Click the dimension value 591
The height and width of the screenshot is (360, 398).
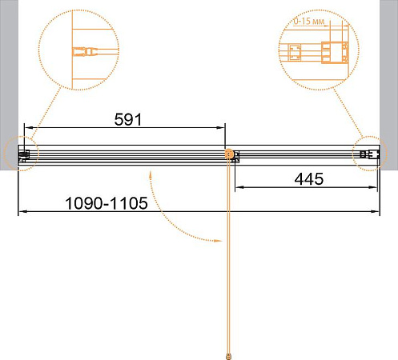coord(128,119)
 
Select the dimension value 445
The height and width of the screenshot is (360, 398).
coord(309,179)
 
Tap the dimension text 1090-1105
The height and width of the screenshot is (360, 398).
coord(107,203)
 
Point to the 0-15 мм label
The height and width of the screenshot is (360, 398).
coord(309,22)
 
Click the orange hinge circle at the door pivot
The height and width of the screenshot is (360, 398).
coord(229,154)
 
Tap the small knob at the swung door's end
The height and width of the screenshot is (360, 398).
coord(228,356)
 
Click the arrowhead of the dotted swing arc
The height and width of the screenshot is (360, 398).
coord(219,241)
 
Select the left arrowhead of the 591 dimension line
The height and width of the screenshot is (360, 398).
coord(28,128)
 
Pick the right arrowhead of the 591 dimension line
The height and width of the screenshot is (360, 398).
coord(220,128)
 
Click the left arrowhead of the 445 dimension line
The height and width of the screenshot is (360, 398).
coord(239,187)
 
